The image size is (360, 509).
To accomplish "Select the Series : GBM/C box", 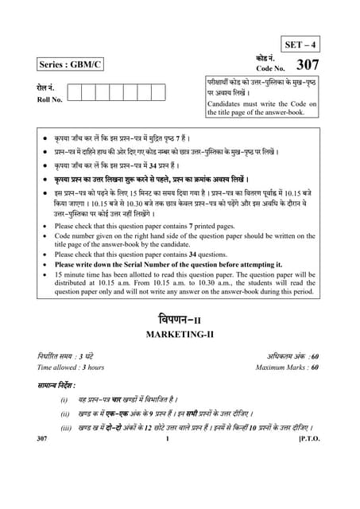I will point(70,64).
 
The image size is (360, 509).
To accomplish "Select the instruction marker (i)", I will point(64,399).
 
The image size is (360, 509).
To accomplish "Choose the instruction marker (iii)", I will point(65,428).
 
